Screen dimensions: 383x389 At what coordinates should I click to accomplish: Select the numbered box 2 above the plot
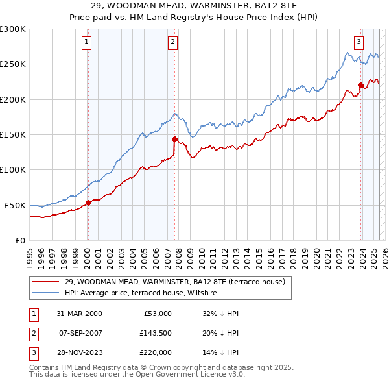(x=173, y=42)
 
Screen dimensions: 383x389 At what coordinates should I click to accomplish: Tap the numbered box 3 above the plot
(x=359, y=42)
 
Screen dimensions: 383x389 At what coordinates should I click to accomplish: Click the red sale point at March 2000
(x=88, y=203)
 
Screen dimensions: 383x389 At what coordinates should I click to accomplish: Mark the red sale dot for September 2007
(x=174, y=139)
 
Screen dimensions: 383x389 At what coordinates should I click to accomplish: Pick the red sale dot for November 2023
(x=361, y=85)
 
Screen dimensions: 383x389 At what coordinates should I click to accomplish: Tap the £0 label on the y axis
(x=19, y=240)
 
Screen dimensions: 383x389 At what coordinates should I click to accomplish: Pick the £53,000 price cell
(x=156, y=314)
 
